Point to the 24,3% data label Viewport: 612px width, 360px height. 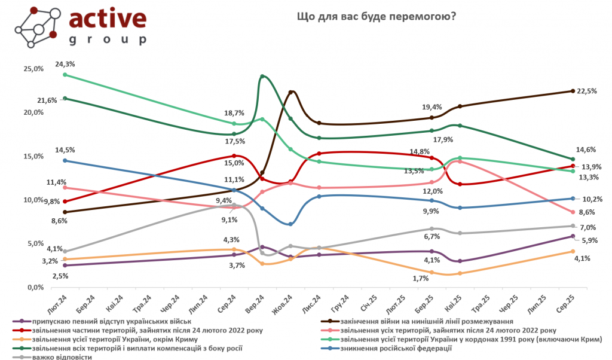click(65, 64)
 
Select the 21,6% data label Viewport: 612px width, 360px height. click(47, 100)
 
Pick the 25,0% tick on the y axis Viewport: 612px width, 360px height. click(34, 69)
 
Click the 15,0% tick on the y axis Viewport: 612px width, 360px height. click(34, 157)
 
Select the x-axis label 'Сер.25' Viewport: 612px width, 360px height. click(572, 297)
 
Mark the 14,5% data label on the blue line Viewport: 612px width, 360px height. click(65, 150)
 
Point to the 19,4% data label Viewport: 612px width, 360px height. click(432, 107)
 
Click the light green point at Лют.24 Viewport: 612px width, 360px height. click(65, 75)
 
